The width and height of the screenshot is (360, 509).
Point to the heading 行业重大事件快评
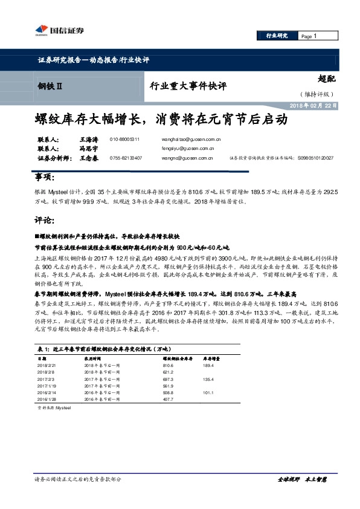[188, 86]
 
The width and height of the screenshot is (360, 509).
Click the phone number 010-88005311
[125, 139]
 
